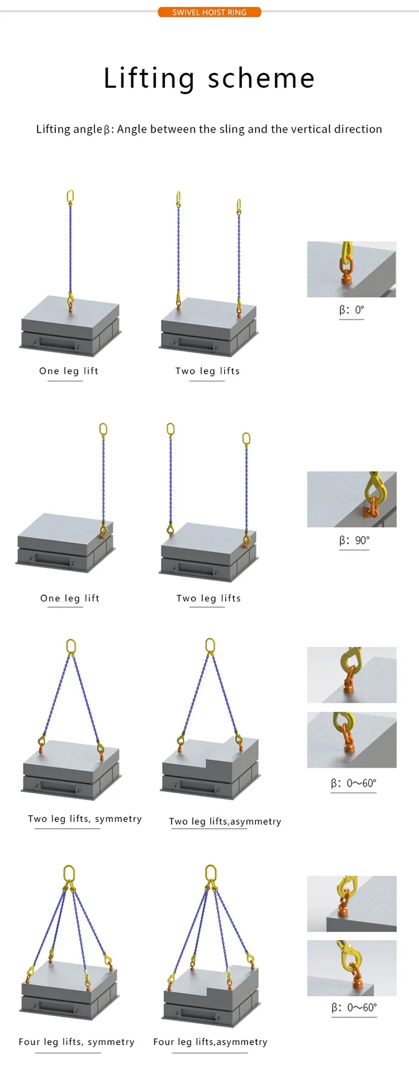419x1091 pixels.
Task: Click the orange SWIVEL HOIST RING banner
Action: (209, 12)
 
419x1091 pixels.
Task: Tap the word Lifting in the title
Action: (149, 78)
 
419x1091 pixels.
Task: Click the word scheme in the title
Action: (261, 78)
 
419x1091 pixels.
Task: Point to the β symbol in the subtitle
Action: (107, 130)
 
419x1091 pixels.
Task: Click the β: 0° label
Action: (351, 310)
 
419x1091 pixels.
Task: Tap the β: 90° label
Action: (354, 540)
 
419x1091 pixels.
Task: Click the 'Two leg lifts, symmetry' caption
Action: (85, 819)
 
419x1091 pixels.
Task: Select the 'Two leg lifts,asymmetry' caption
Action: (225, 821)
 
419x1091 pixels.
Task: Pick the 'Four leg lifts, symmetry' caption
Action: (77, 1042)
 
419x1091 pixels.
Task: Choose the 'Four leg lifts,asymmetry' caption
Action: (211, 1042)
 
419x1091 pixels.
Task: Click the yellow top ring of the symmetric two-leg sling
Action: (71, 647)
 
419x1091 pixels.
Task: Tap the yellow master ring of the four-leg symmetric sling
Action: (69, 874)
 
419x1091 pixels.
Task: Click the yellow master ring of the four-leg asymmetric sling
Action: (211, 873)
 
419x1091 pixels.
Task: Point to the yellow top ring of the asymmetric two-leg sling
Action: (210, 646)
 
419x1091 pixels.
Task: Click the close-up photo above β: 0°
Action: (351, 269)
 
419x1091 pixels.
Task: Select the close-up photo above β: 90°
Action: (351, 499)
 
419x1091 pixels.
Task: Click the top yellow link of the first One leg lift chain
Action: (70, 196)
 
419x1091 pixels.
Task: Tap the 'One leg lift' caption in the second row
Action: (70, 598)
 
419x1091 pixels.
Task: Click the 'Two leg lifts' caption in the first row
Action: (207, 371)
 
